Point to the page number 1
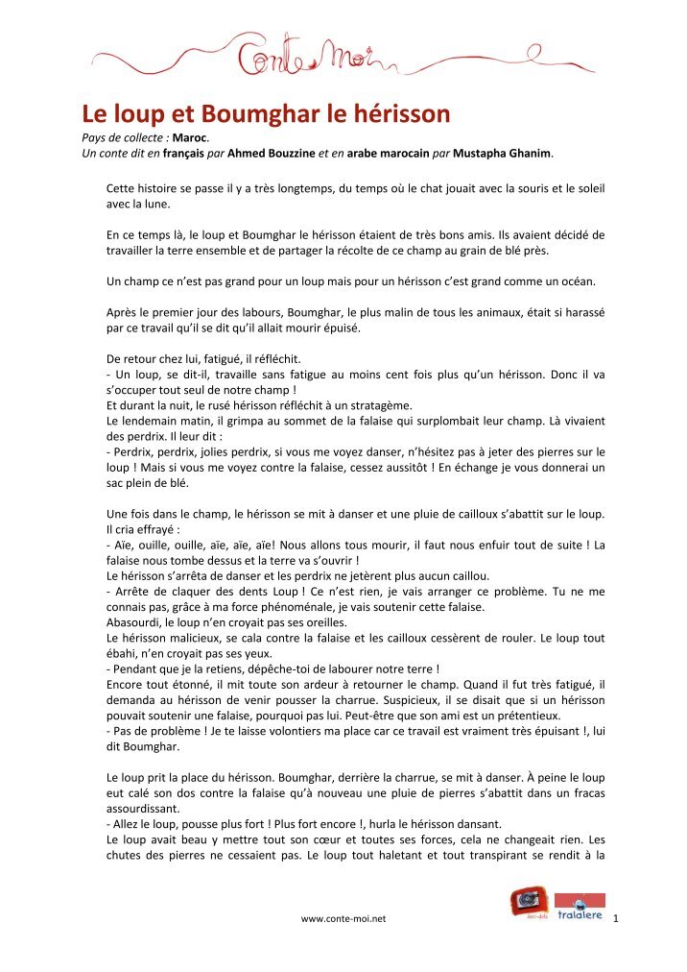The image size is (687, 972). pyautogui.click(x=615, y=919)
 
